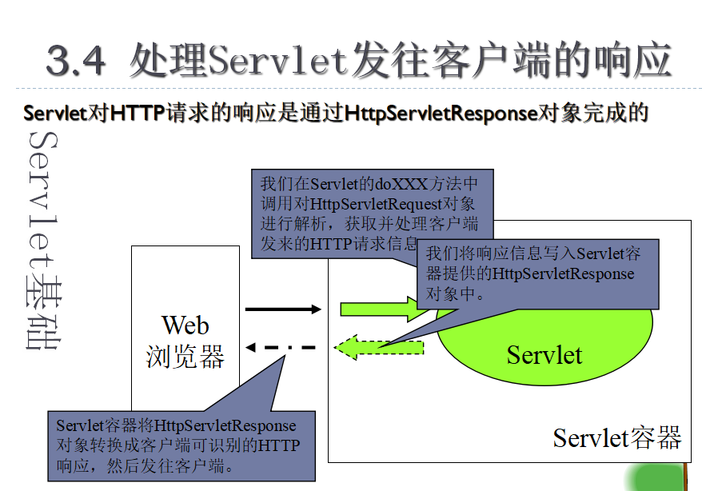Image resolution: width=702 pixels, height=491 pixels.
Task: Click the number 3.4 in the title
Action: click(x=76, y=60)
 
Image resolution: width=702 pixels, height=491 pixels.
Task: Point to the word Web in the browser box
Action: click(x=185, y=325)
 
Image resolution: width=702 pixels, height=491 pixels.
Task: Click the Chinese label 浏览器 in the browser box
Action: click(x=185, y=356)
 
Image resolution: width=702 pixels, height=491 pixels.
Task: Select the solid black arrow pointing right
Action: click(x=281, y=309)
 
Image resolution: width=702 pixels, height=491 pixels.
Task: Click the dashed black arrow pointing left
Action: click(x=281, y=348)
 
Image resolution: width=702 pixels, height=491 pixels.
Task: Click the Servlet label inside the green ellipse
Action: click(x=544, y=354)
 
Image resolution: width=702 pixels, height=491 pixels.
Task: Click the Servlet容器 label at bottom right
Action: click(x=617, y=437)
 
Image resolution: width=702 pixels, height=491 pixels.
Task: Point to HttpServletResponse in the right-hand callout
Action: click(x=564, y=274)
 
